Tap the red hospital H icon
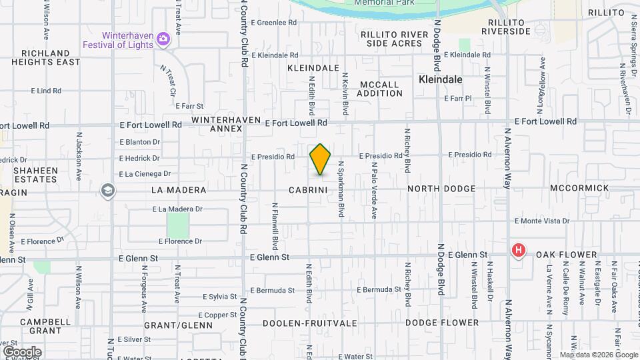[x=518, y=251]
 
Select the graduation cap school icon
[x=107, y=191]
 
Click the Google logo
[x=22, y=351]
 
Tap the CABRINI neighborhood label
[x=308, y=190]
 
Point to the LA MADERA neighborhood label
[x=179, y=190]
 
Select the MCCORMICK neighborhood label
[x=579, y=189]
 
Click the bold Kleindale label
[x=441, y=79]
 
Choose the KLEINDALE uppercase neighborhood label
[x=313, y=68]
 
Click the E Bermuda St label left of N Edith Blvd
[x=272, y=291]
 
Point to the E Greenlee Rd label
[x=274, y=23]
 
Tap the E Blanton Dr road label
[x=140, y=142]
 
